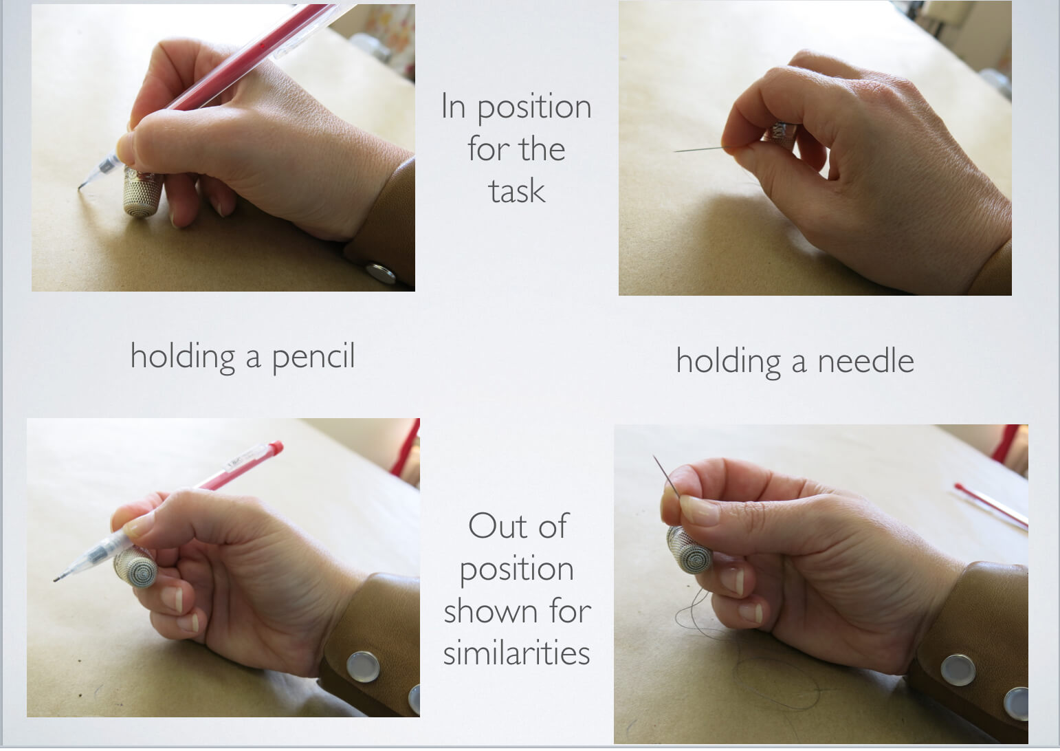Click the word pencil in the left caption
pos(313,357)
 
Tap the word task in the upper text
pos(516,191)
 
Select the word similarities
pos(516,653)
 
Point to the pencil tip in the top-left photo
pos(81,185)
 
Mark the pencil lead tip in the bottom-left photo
pos(56,580)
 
